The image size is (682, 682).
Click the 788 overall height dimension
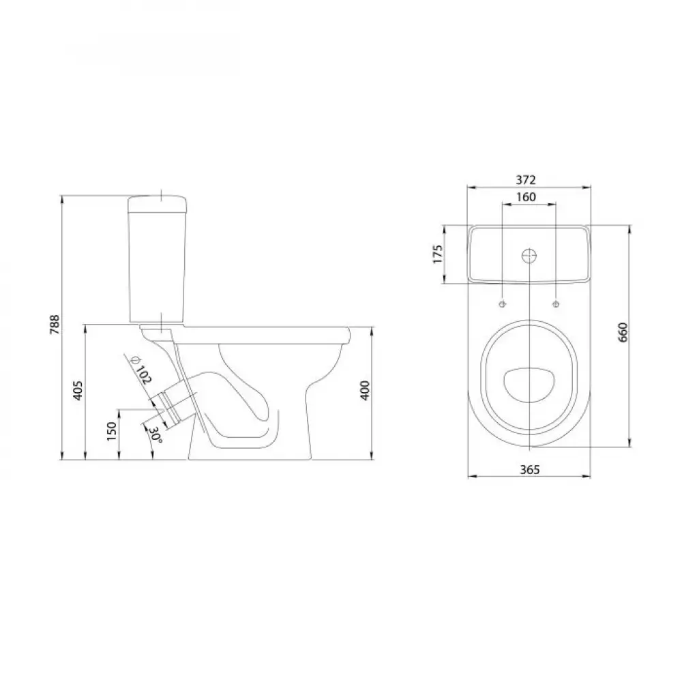(55, 324)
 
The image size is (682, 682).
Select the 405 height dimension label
(78, 391)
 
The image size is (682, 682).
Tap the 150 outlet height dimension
(113, 431)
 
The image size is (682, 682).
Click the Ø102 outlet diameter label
(141, 370)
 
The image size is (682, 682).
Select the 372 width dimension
(526, 179)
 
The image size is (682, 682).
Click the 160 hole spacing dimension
(526, 197)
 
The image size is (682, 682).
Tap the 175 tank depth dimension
(438, 254)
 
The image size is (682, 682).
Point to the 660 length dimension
(623, 332)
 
